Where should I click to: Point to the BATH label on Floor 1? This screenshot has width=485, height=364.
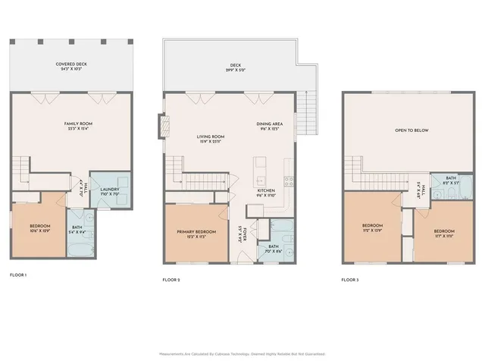pos(77,228)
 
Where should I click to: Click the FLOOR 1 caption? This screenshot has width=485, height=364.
pos(17,275)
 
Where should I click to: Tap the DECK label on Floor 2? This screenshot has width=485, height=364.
pos(235,67)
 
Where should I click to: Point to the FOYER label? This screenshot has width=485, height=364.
pos(256,227)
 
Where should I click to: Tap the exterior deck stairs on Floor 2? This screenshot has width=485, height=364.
pos(308,111)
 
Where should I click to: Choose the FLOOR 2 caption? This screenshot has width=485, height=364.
pos(172,280)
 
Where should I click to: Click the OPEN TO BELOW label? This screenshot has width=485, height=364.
pos(411,130)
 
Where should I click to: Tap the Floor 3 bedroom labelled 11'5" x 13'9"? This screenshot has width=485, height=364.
pos(371,227)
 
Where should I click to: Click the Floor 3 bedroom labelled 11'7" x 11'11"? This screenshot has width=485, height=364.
pos(444,232)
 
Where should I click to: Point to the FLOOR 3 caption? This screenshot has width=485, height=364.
pos(350,280)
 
